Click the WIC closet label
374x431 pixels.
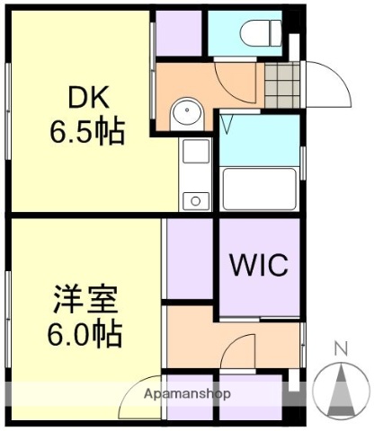(258, 266)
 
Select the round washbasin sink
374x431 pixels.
(187, 112)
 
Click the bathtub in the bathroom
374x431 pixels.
(260, 189)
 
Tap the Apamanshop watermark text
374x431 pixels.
(187, 394)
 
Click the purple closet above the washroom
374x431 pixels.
(177, 35)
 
